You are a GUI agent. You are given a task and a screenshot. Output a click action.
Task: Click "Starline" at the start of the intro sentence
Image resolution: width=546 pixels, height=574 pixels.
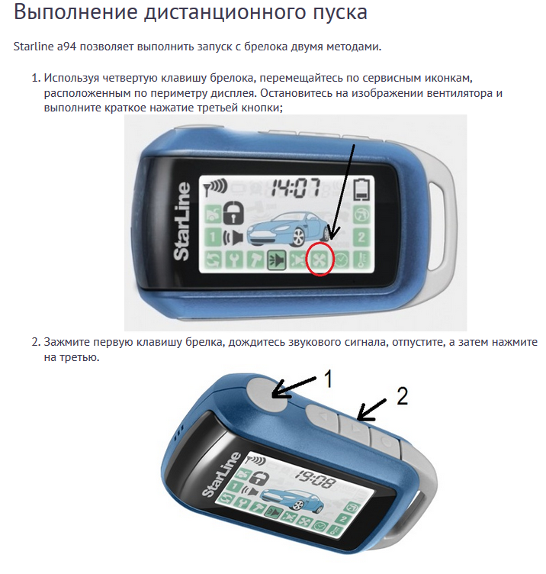[x=34, y=47]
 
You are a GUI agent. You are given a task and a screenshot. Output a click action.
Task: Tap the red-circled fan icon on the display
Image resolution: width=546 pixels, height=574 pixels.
[x=320, y=260]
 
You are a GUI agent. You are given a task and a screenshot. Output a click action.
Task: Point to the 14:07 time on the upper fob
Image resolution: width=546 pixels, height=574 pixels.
[x=295, y=188]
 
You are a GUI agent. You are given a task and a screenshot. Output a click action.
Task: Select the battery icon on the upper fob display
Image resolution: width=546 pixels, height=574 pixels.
[x=363, y=189]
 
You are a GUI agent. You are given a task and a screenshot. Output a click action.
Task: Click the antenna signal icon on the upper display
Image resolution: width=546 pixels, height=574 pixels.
[x=215, y=188]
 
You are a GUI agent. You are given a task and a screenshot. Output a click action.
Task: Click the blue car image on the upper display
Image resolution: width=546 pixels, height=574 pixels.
[x=288, y=228]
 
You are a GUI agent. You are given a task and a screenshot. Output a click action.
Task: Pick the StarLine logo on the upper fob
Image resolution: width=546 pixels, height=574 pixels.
[x=182, y=221]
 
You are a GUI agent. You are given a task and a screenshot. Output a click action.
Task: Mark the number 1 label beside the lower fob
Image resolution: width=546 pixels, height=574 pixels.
[x=328, y=379]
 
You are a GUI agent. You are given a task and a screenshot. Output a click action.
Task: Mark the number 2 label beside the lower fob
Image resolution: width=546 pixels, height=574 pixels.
[x=402, y=396]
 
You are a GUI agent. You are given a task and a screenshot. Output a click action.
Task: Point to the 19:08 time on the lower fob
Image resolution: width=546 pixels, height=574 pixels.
[x=316, y=478]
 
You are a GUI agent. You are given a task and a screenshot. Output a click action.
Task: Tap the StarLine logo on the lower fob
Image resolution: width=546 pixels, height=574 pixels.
[x=221, y=475]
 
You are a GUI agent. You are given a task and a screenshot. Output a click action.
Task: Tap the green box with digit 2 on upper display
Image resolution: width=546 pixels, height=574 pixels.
[x=361, y=237]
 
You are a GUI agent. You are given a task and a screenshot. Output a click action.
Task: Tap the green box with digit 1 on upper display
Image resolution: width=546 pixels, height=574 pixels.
[x=211, y=237]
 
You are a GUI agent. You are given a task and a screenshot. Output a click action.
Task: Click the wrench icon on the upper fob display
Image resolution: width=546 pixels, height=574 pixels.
[x=233, y=260]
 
